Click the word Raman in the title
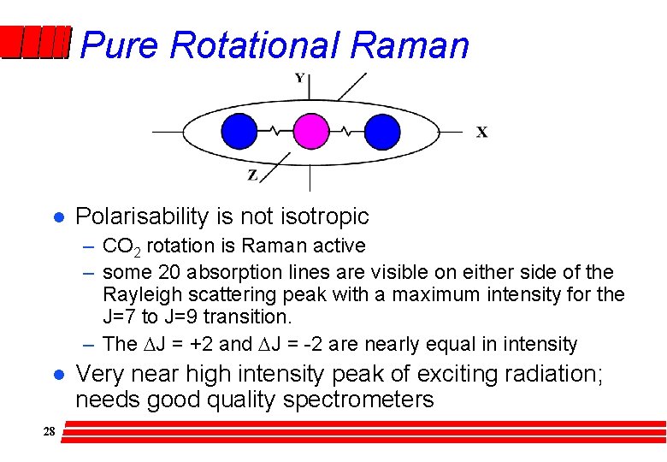tap(410, 45)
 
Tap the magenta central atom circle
tap(310, 132)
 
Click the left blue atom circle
tap(239, 132)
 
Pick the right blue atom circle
tap(382, 132)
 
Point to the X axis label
tap(482, 132)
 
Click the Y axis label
tap(299, 79)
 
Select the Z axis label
tap(252, 175)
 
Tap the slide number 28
tap(49, 432)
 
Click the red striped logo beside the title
tap(34, 43)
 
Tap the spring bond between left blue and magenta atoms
tap(275, 132)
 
